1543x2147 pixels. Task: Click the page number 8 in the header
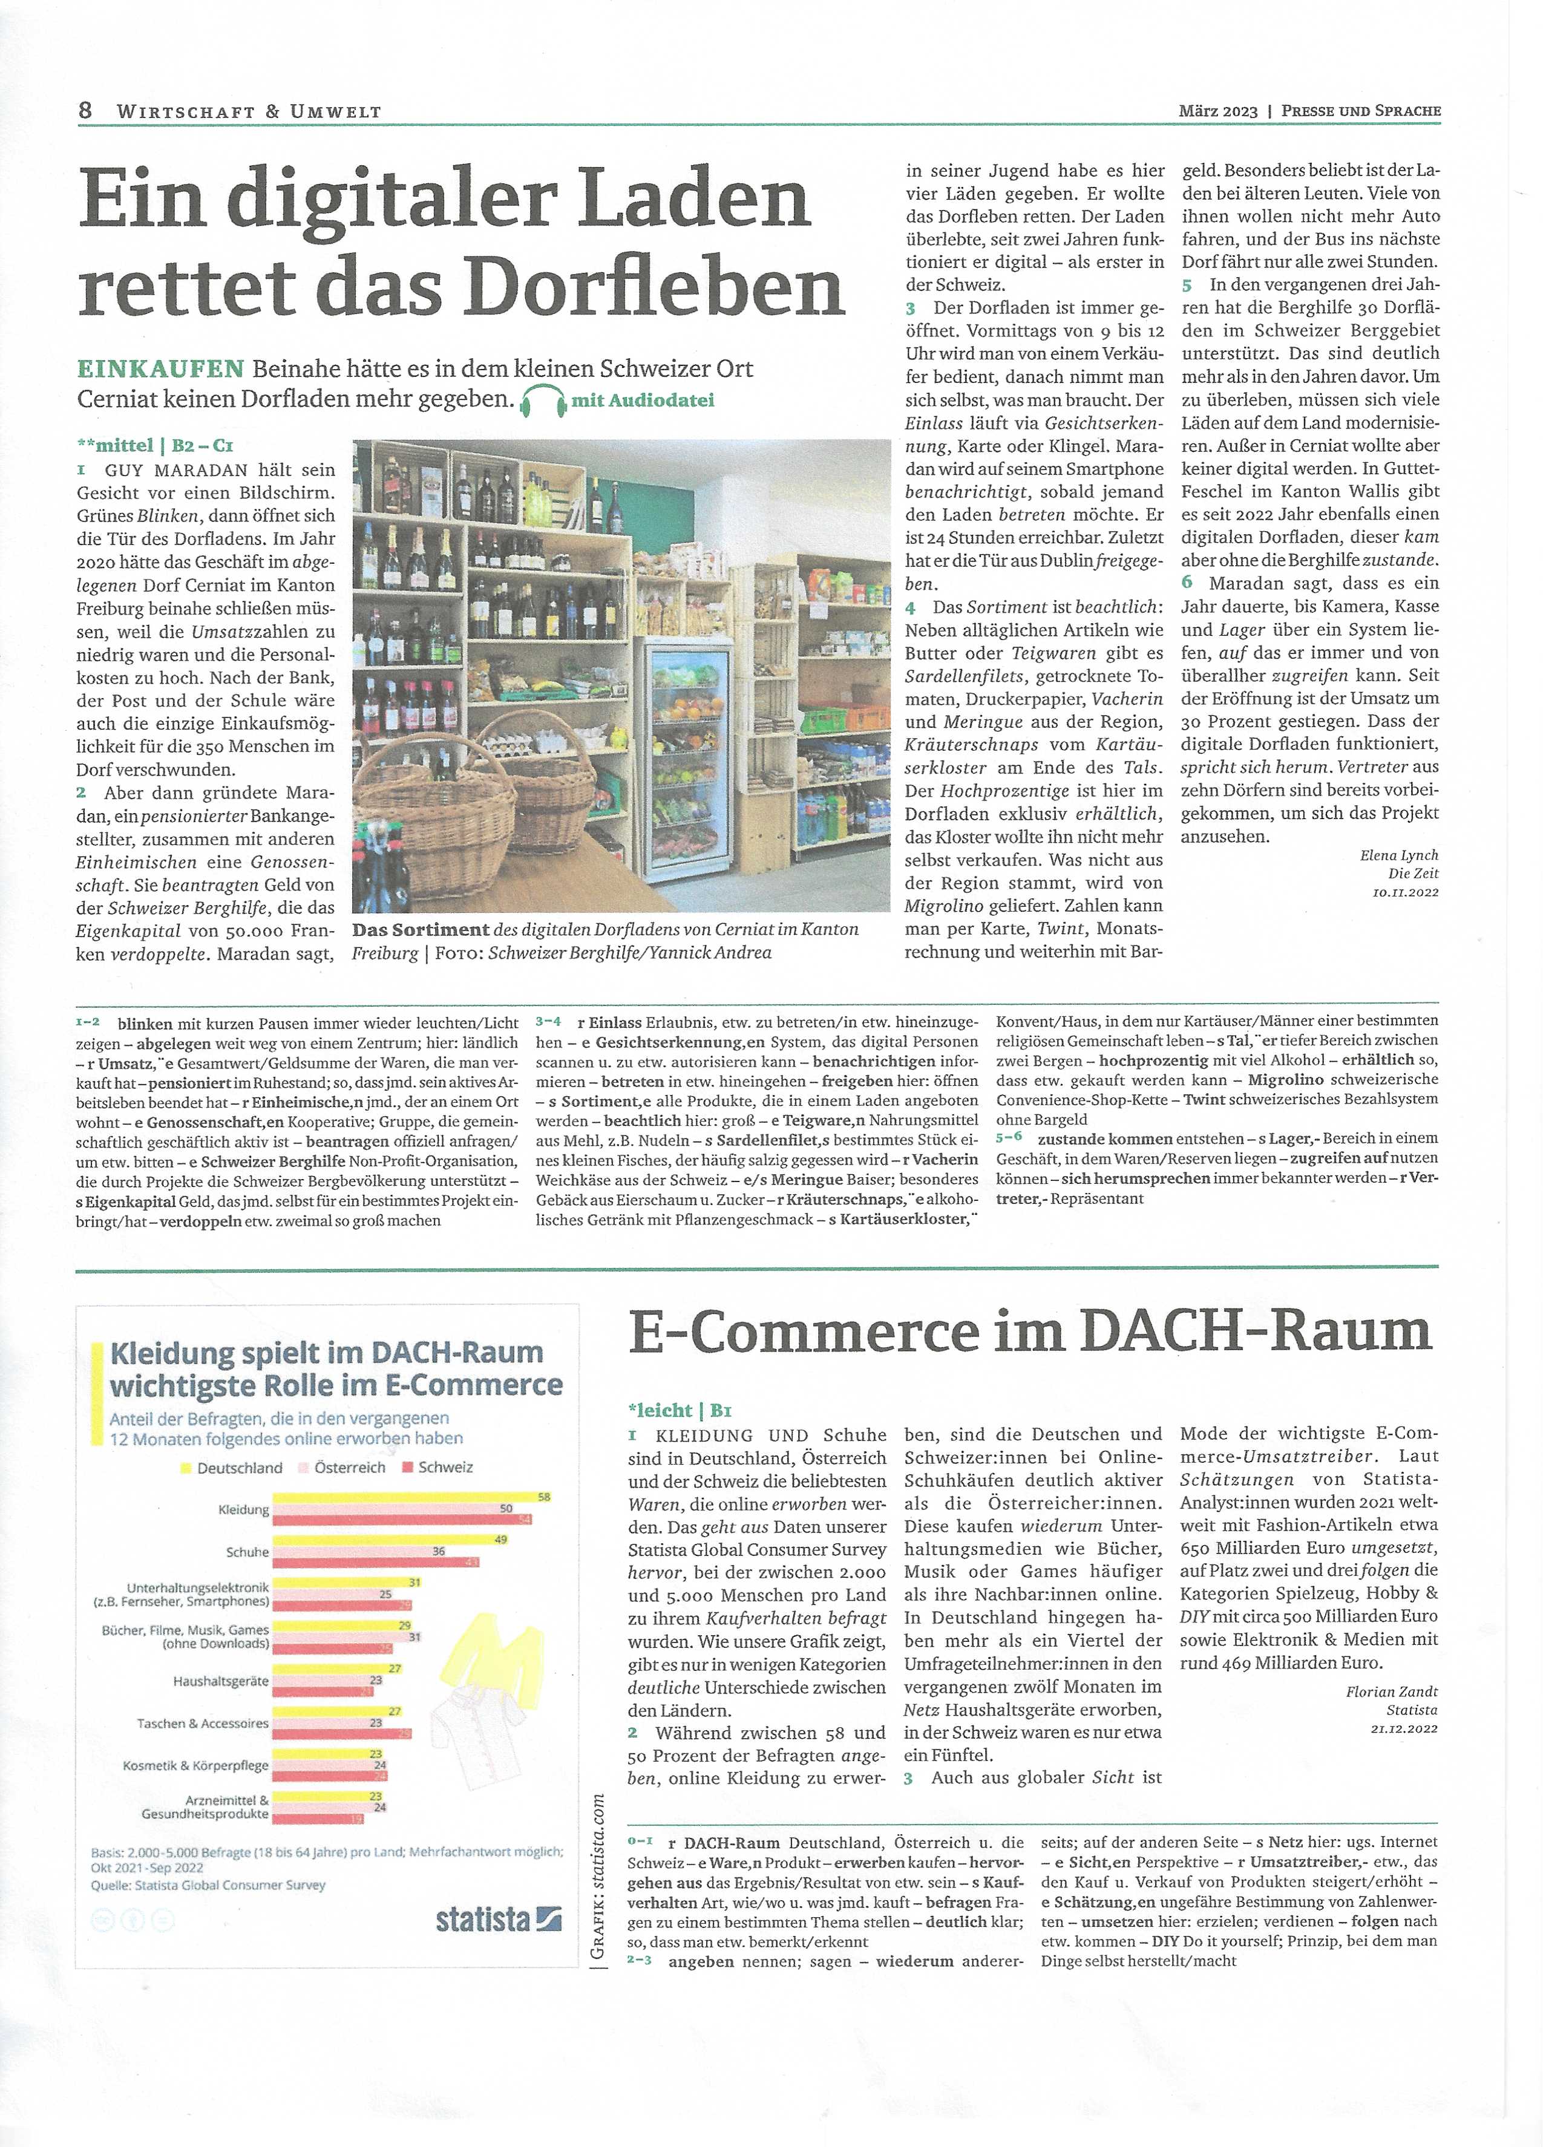click(85, 110)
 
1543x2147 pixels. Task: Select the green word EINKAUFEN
click(159, 368)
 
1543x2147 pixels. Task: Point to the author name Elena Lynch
click(1398, 855)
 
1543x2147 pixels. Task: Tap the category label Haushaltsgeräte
click(221, 1681)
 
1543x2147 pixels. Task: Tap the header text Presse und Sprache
click(1360, 111)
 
